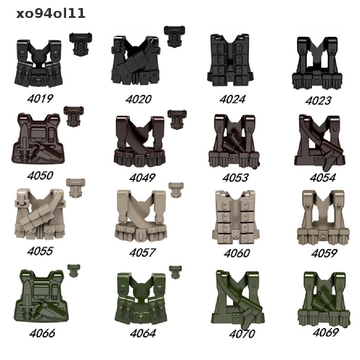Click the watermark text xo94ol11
pos(51,14)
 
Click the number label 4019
pos(40,99)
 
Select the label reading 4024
pos(232,99)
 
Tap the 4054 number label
pos(323,178)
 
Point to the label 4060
pos(237,253)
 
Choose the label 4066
pos(42,333)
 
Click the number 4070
pos(242,334)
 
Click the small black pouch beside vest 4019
pos(81,43)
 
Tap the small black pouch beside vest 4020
pos(174,36)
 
